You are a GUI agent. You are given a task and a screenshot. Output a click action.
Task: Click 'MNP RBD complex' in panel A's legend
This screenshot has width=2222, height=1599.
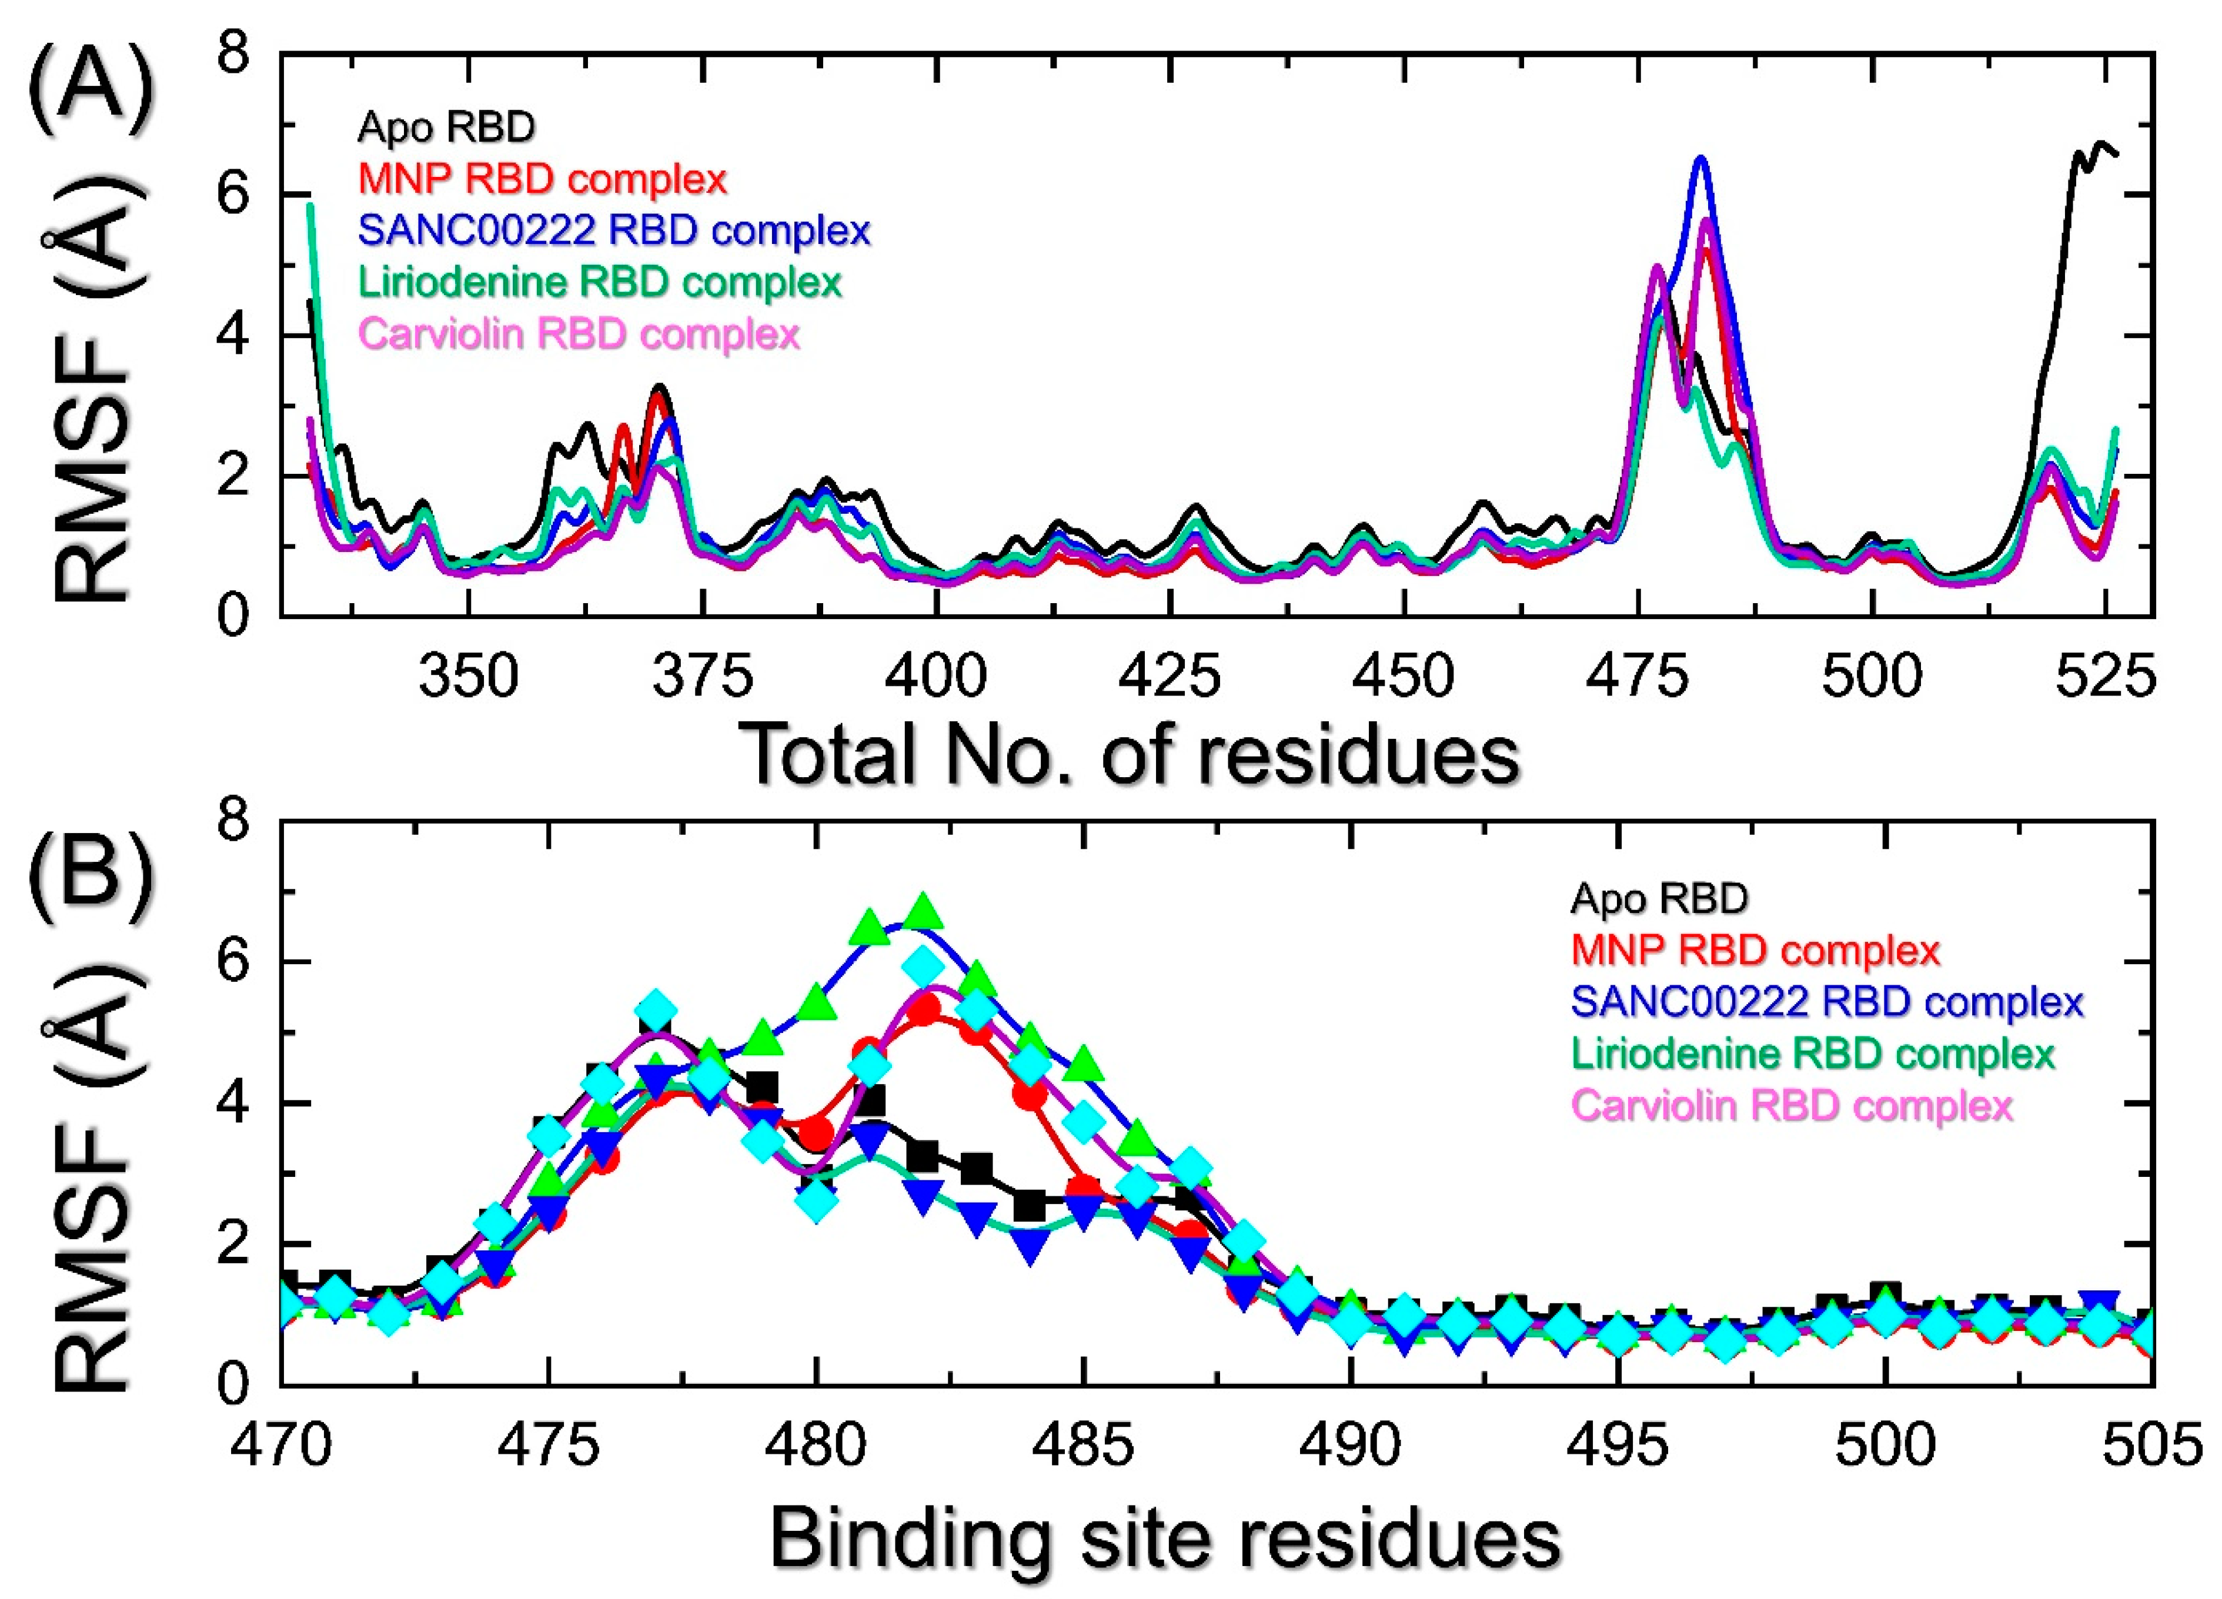pos(542,178)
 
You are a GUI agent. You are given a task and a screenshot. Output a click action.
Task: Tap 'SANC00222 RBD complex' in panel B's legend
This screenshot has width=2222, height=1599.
pos(1826,1001)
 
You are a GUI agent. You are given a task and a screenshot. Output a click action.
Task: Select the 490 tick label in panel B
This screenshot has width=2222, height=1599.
pos(1350,1444)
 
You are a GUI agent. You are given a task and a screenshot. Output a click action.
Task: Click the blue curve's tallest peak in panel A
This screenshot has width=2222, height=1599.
pos(1700,159)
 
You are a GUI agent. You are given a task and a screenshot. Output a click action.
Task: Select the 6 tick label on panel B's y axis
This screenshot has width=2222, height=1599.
pos(235,962)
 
